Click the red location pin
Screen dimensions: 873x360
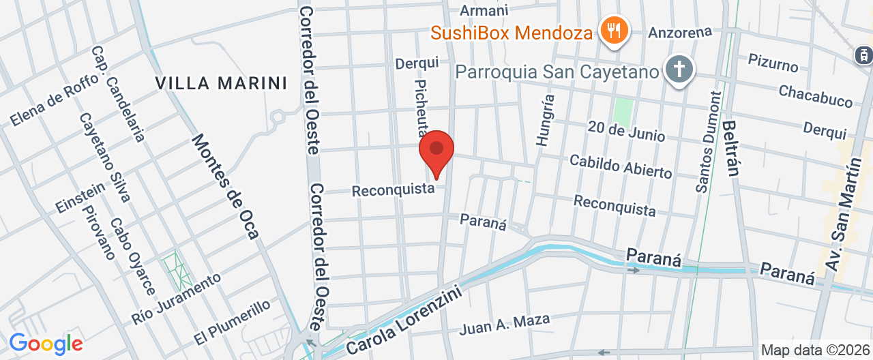click(x=436, y=152)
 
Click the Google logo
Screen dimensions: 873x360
click(x=46, y=344)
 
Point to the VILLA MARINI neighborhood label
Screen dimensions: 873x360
click(x=221, y=83)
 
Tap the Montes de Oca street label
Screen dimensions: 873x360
click(x=224, y=186)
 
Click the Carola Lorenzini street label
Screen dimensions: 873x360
click(x=404, y=320)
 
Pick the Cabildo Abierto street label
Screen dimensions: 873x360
click(x=620, y=166)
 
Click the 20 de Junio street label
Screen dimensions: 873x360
click(x=626, y=130)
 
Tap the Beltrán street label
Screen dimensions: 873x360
click(x=731, y=148)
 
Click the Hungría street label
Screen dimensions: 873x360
click(x=546, y=120)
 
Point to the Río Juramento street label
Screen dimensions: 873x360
click(x=177, y=298)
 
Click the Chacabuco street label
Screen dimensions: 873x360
click(x=816, y=96)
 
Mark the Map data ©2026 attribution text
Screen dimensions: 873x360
click(x=816, y=350)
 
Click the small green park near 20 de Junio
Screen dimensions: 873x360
click(x=622, y=111)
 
